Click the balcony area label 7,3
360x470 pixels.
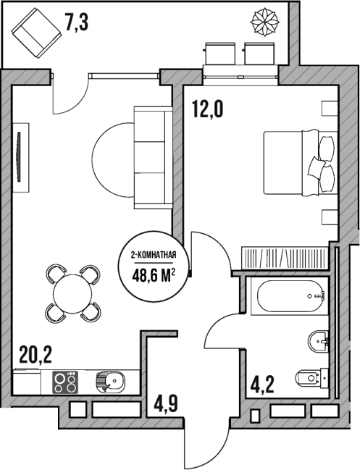tap(77, 23)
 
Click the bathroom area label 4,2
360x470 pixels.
tap(263, 382)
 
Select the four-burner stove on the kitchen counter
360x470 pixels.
tap(66, 380)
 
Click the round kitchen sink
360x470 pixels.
tap(109, 380)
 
